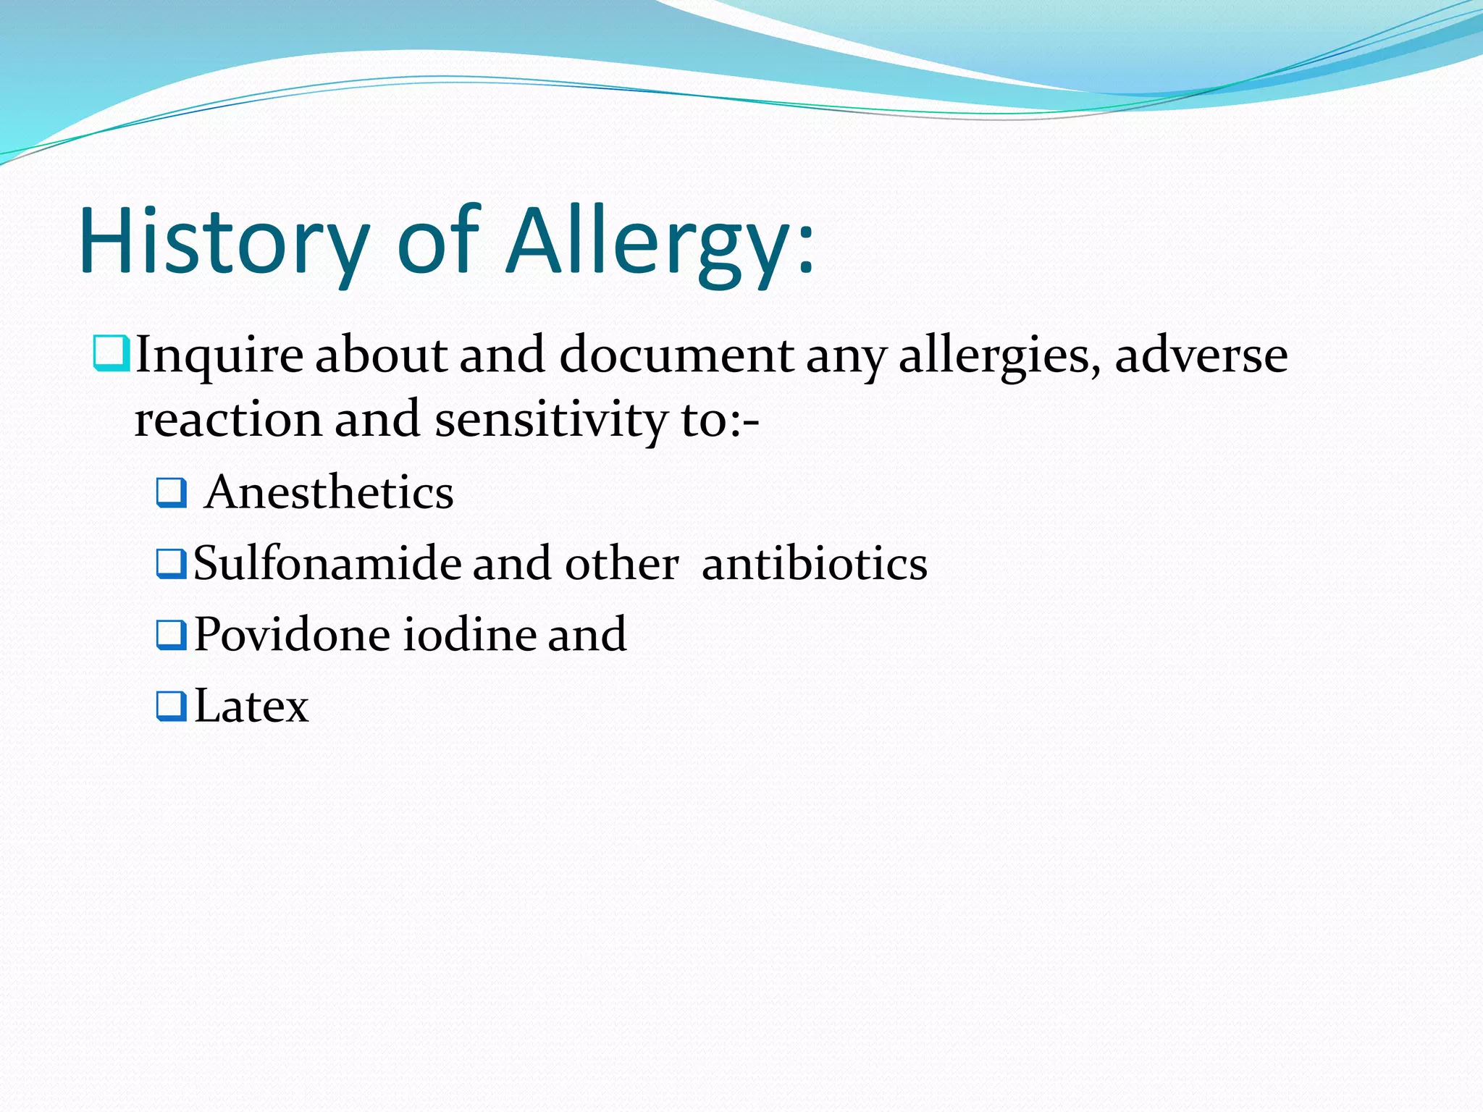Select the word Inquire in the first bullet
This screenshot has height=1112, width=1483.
coord(219,356)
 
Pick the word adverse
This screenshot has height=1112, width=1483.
coord(1201,356)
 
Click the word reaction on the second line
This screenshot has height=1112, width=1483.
coord(227,420)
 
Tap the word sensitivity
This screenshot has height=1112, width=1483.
coord(550,420)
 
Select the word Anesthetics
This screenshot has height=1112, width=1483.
coord(329,493)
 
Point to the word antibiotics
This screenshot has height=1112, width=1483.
coord(815,564)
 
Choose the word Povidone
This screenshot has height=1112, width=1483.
coord(293,635)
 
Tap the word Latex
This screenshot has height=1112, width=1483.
coord(251,706)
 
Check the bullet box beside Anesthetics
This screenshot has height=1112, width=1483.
coord(171,493)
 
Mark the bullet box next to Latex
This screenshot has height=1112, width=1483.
coord(171,707)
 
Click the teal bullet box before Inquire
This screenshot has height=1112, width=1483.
coord(111,354)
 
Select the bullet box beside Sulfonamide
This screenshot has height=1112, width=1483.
coord(171,564)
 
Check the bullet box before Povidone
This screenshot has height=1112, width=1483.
coord(171,635)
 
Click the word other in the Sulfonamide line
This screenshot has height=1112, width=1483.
coord(621,564)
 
